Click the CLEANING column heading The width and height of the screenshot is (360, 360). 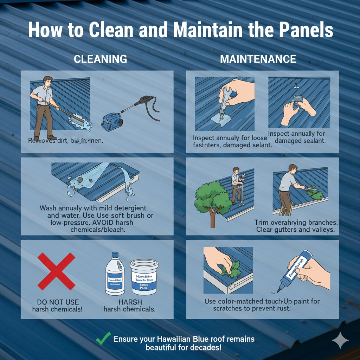click(100, 59)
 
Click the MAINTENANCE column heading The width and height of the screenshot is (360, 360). click(258, 59)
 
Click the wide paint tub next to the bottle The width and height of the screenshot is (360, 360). click(144, 277)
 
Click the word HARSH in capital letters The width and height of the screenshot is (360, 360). click(129, 302)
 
